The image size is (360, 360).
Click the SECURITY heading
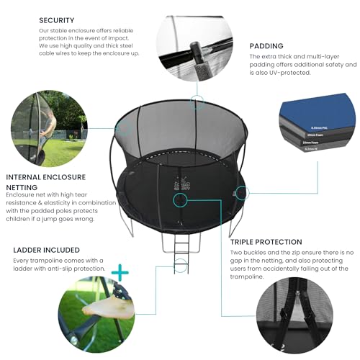tap(60, 20)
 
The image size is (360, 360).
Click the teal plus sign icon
tap(120, 273)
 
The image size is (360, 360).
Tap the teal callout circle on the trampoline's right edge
tap(243, 193)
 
